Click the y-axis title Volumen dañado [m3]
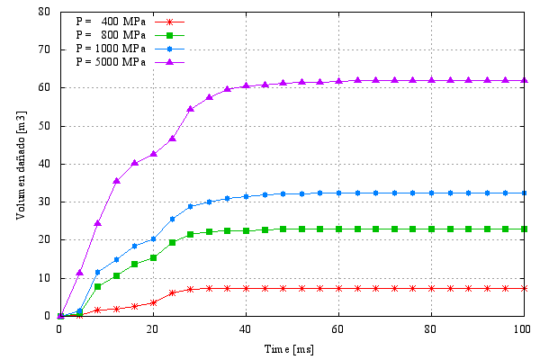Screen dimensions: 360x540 click(18, 164)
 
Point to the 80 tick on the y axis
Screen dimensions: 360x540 click(44, 12)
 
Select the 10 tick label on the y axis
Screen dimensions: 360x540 click(44, 278)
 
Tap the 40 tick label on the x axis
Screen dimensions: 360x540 click(246, 328)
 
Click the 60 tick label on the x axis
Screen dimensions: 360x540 click(338, 328)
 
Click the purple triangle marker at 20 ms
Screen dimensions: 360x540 click(153, 154)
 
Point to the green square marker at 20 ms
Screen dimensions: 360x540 click(153, 257)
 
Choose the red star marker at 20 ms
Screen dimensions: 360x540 click(153, 302)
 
